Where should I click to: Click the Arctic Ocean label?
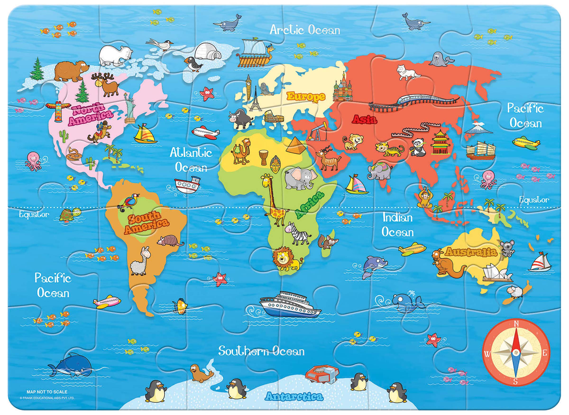click(x=305, y=30)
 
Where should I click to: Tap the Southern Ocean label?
click(x=261, y=351)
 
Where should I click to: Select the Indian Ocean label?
click(x=397, y=225)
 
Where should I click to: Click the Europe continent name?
click(x=306, y=96)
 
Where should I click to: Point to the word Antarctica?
click(x=294, y=397)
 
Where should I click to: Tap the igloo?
click(x=207, y=51)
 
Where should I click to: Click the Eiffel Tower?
click(x=255, y=99)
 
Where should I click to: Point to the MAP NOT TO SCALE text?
click(x=47, y=392)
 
